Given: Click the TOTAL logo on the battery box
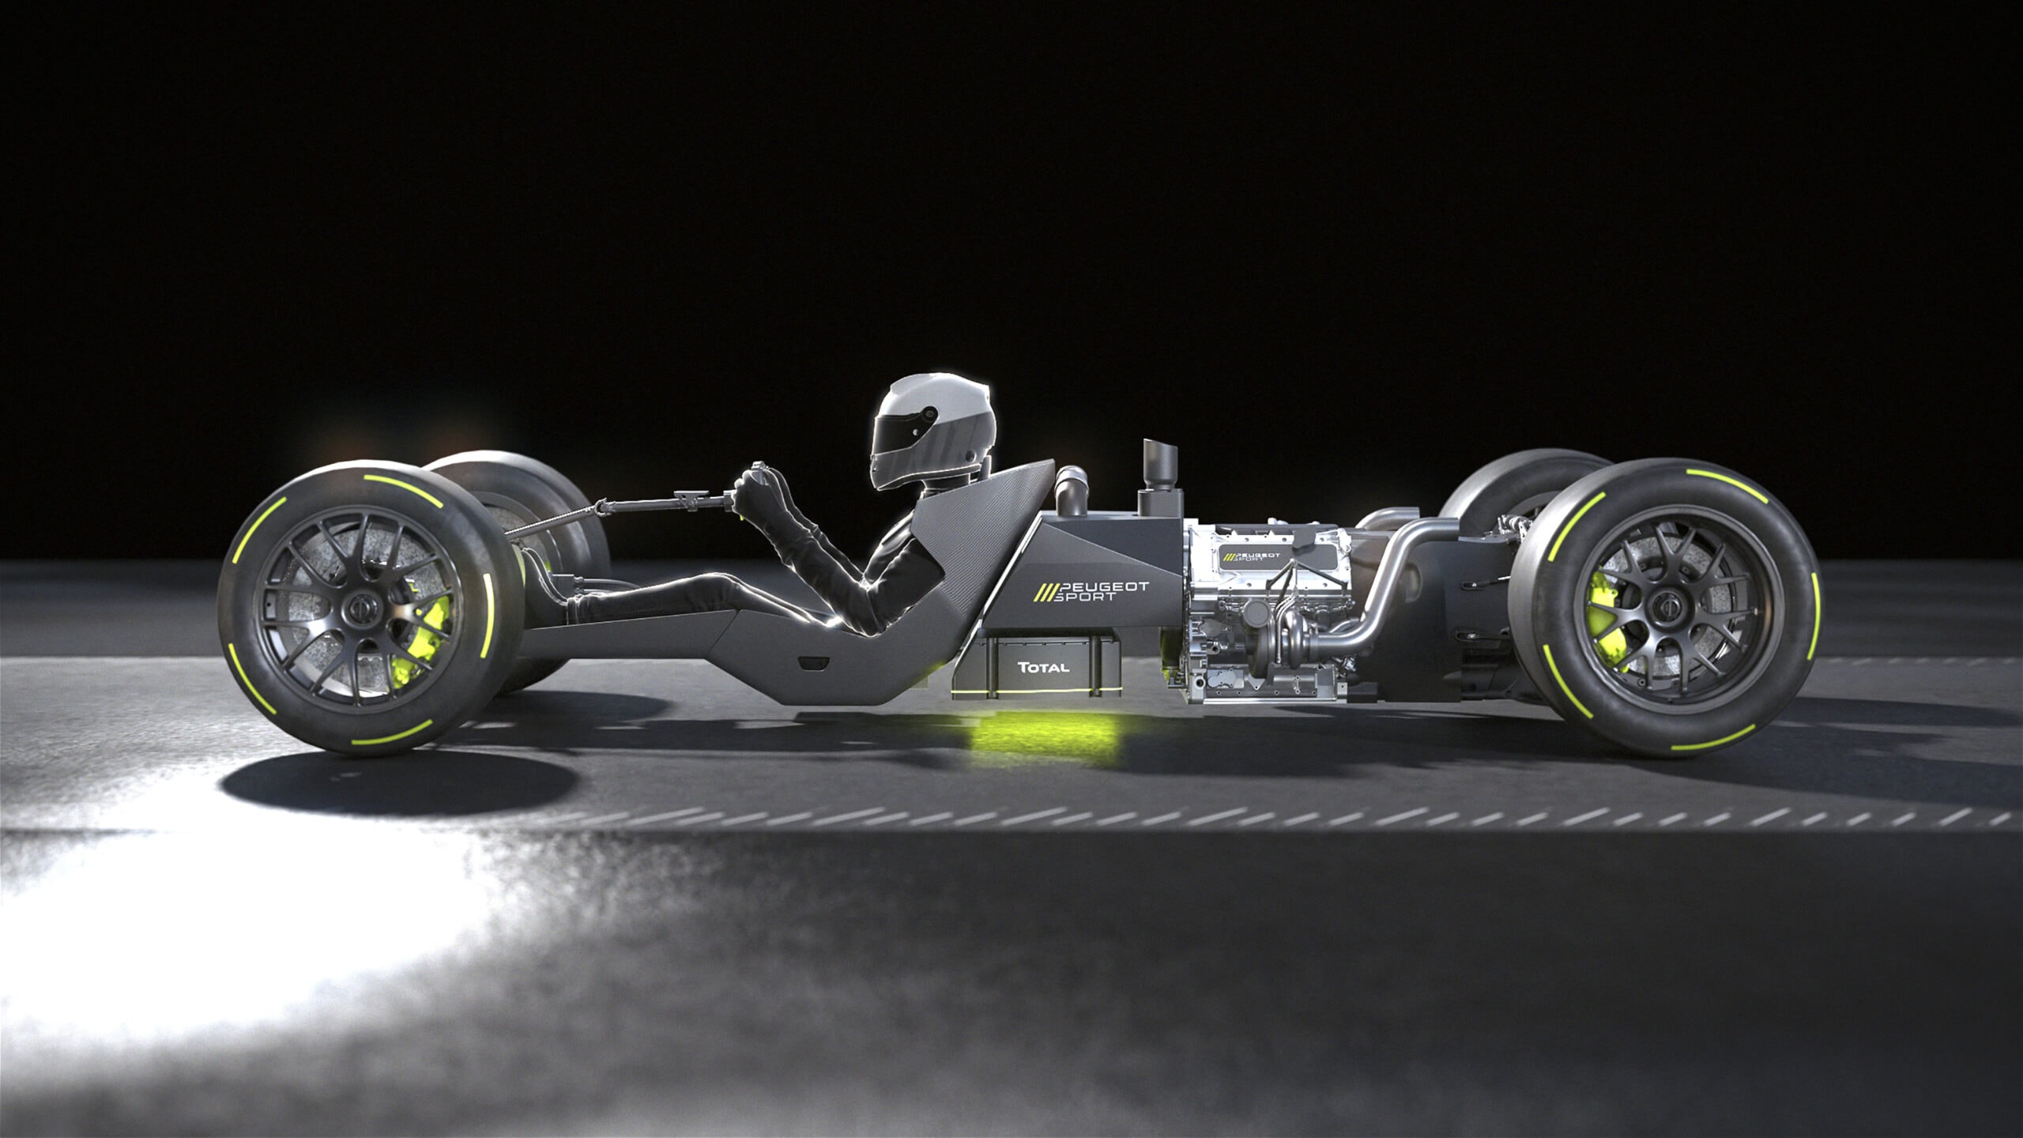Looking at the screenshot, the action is [x=1043, y=667].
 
